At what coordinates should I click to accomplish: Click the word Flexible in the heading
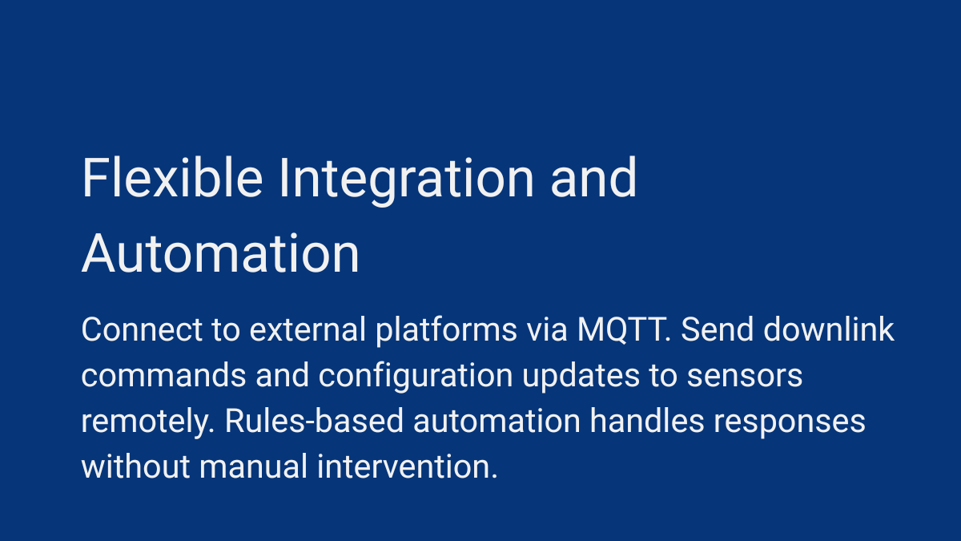click(x=172, y=177)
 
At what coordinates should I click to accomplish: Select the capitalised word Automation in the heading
click(x=220, y=253)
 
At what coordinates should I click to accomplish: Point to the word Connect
click(x=142, y=329)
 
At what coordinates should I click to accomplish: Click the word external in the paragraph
click(x=308, y=329)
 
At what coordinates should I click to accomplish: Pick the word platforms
click(x=446, y=330)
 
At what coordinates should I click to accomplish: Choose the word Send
click(x=717, y=329)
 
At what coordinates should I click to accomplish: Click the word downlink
click(x=829, y=329)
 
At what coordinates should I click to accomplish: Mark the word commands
click(x=163, y=376)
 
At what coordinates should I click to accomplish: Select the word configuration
click(x=416, y=377)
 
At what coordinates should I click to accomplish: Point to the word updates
click(x=581, y=377)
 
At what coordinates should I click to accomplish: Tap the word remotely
click(x=147, y=422)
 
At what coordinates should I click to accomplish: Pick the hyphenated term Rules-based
click(x=314, y=421)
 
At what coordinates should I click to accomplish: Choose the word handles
click(x=647, y=421)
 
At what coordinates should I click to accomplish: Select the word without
click(x=135, y=466)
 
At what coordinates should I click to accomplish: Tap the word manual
click(x=254, y=466)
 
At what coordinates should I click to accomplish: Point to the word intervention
click(x=407, y=466)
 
